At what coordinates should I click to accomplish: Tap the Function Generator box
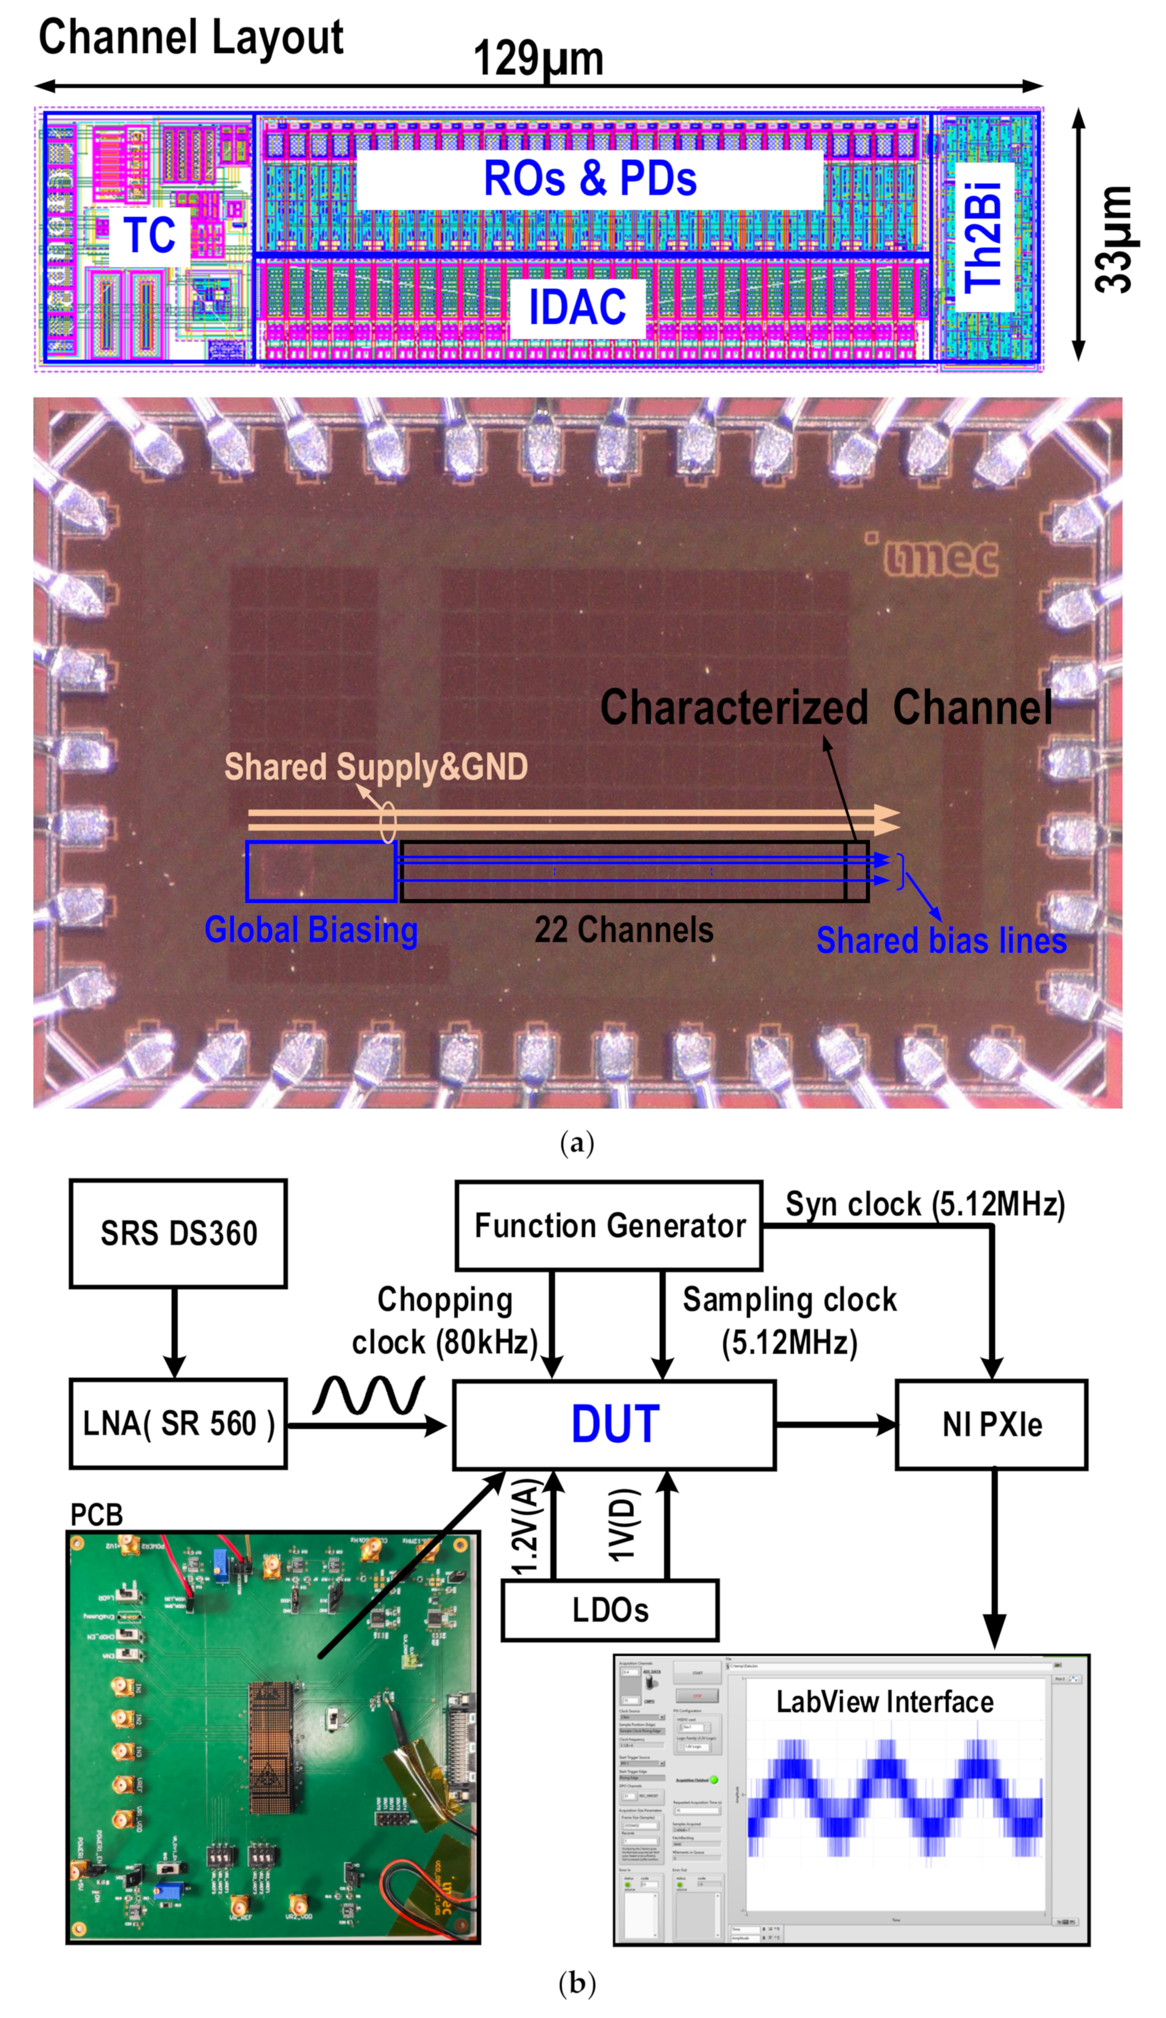(608, 1225)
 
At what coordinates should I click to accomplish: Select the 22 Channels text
(624, 929)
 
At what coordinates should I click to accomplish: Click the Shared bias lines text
(941, 940)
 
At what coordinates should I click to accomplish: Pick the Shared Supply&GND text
(376, 766)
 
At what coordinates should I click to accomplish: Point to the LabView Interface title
(884, 1702)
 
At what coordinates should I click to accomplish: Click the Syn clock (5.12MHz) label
(924, 1204)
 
